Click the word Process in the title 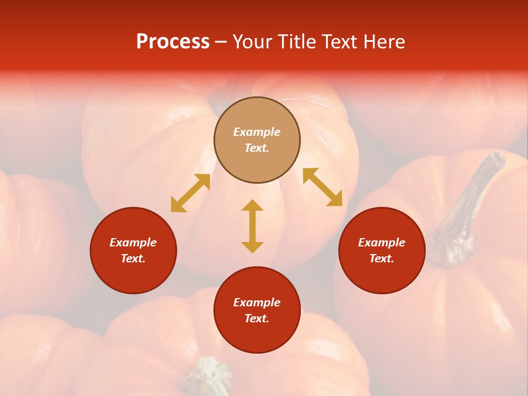(x=173, y=42)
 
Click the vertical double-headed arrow (x=252, y=226)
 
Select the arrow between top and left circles (x=190, y=193)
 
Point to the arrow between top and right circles (x=322, y=187)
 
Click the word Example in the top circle (x=257, y=132)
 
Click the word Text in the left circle (x=133, y=258)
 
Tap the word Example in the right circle (x=382, y=243)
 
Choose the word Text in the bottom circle (x=257, y=318)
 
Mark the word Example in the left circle (x=133, y=243)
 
